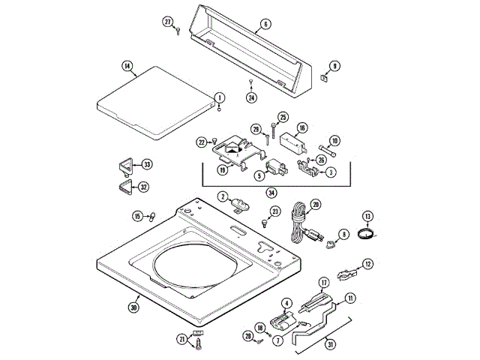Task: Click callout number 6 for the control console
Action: pos(265,25)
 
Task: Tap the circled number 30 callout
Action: pos(133,307)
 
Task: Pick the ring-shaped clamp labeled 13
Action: pos(367,235)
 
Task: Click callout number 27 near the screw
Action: pos(168,22)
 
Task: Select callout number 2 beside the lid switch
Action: pos(223,196)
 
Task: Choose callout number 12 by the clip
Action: pos(367,263)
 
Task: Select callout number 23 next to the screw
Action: pos(275,212)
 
